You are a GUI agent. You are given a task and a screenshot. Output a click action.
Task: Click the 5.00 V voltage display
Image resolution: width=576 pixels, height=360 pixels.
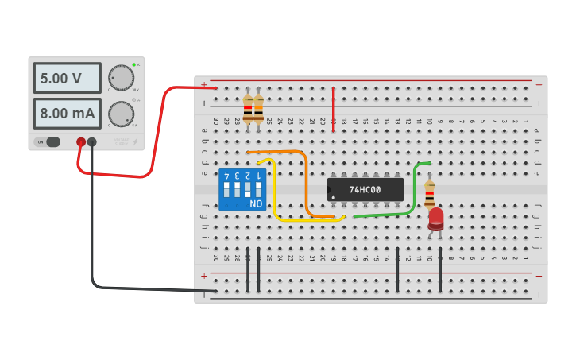coord(67,79)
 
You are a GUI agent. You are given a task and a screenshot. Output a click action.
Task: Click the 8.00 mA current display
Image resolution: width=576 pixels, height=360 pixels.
coord(67,114)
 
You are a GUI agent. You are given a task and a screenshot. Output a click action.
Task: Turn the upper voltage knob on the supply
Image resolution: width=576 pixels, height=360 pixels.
coord(121,78)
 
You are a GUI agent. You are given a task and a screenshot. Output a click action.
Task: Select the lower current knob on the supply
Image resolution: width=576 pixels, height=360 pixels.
coord(121,114)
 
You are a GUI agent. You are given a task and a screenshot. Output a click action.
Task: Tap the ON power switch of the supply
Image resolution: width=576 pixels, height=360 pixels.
coord(48,142)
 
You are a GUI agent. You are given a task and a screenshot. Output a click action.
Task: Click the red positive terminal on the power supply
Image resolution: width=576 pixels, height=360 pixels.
coord(81,142)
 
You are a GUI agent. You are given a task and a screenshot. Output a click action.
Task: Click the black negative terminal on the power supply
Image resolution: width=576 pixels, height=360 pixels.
coord(92,142)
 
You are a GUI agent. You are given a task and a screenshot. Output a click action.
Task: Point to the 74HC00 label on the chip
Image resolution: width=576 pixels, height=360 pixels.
coord(365,190)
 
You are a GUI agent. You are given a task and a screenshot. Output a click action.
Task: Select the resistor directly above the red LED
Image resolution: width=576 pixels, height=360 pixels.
coord(430,192)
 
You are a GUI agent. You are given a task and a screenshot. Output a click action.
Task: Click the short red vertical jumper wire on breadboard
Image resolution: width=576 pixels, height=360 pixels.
coord(333,109)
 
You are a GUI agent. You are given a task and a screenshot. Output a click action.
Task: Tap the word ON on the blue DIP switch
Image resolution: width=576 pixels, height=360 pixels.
coord(256,204)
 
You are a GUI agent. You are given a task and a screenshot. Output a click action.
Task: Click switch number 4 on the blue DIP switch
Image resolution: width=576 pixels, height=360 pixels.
coord(227,190)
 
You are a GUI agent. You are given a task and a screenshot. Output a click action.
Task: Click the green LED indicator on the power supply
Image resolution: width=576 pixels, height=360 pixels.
coord(134,64)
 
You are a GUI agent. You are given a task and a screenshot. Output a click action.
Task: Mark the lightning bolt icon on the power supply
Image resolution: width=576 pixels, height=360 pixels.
coord(134,142)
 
